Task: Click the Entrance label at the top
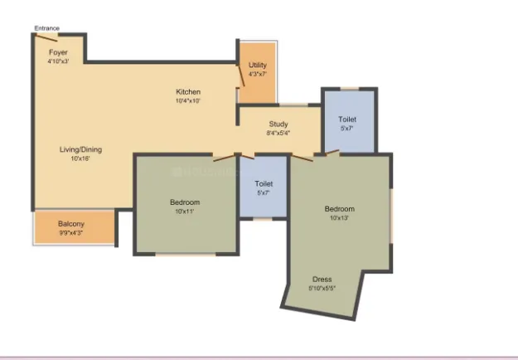tap(47, 28)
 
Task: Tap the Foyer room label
tap(57, 52)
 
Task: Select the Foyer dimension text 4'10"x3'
tap(58, 61)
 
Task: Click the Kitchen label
tap(188, 91)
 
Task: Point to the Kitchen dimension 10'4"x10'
tap(188, 100)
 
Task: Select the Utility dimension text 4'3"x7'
tap(257, 74)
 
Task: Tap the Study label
tap(278, 124)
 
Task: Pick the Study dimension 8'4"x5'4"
tap(278, 133)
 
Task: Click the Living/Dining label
tap(80, 149)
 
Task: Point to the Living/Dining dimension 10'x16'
tap(80, 158)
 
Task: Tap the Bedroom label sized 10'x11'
tap(184, 202)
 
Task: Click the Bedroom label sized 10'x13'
tap(339, 208)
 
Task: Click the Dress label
tap(322, 280)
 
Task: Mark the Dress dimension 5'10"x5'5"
tap(322, 288)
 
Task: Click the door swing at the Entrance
tap(46, 36)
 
